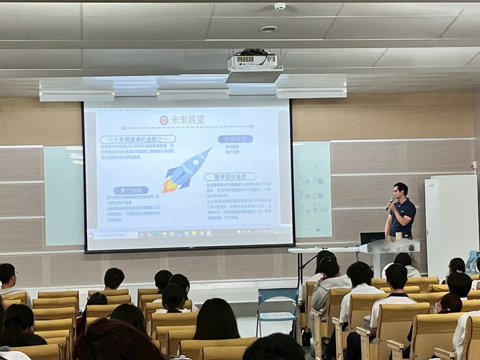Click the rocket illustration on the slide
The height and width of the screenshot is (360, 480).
pos(187,170)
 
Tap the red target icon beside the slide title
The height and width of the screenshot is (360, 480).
pos(164,120)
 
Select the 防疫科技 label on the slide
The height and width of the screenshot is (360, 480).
pos(235,139)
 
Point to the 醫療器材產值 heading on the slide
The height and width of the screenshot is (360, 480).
pos(230,176)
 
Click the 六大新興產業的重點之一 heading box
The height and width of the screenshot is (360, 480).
pos(137,139)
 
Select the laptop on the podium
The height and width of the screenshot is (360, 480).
pos(372,238)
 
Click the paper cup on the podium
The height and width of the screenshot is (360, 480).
pos(398,236)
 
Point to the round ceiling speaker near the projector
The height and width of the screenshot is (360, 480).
pos(269,29)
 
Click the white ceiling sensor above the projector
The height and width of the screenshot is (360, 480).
pos(280,7)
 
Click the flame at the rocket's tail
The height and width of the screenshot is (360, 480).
pos(169,184)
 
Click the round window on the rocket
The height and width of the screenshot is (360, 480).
pos(193,165)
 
